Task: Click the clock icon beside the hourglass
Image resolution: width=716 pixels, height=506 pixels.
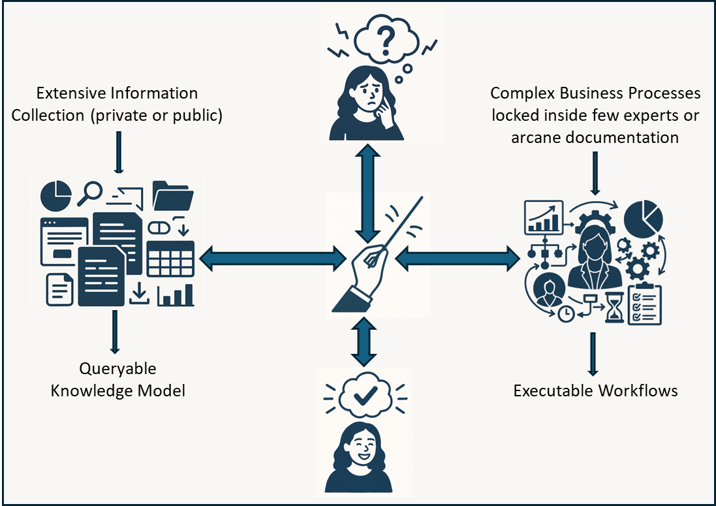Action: (566, 313)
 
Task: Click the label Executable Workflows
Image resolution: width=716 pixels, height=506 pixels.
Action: (595, 390)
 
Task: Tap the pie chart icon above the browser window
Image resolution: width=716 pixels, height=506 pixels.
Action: (56, 193)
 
